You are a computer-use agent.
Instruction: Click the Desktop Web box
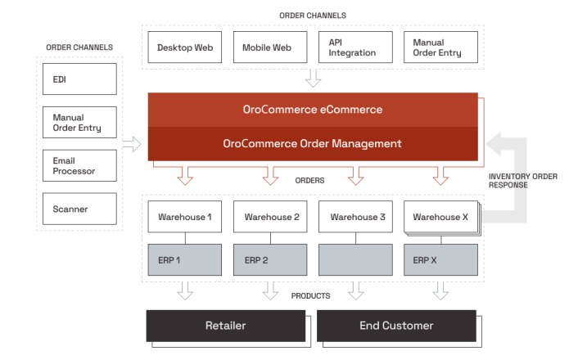184,47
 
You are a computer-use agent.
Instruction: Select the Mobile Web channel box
269,47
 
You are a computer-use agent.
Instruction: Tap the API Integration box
354,47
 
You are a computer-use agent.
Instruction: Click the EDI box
79,79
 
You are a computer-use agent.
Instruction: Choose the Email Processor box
79,166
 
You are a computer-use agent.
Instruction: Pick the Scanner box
79,209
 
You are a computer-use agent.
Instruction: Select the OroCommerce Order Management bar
312,143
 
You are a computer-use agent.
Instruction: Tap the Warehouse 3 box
354,217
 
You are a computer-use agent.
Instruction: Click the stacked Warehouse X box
440,217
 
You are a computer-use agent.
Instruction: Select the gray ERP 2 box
269,260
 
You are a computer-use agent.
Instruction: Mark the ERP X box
440,260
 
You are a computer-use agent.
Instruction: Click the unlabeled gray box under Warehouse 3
354,260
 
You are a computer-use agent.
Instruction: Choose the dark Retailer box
225,326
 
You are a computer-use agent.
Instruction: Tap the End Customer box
396,326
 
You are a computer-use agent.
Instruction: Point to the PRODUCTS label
311,295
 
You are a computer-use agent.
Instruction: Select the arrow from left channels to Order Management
131,146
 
